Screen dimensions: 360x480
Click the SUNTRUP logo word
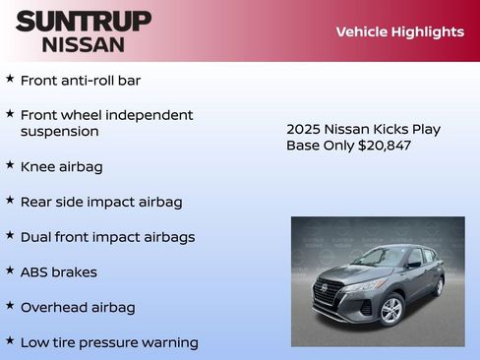84,21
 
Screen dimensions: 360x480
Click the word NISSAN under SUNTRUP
84,43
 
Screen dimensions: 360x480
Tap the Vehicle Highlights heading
399,31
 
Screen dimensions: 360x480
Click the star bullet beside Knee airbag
10,165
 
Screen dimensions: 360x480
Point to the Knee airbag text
61,166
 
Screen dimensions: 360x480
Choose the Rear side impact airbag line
100,202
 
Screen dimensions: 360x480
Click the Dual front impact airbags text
107,237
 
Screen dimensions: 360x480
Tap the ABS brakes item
58,271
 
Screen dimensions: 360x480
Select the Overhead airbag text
77,307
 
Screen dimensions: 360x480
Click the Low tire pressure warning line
108,342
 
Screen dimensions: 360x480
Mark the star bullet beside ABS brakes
10,270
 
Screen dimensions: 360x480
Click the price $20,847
385,146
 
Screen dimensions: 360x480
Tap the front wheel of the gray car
390,310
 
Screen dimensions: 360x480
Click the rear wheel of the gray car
439,285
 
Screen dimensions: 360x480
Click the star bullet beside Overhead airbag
10,306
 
